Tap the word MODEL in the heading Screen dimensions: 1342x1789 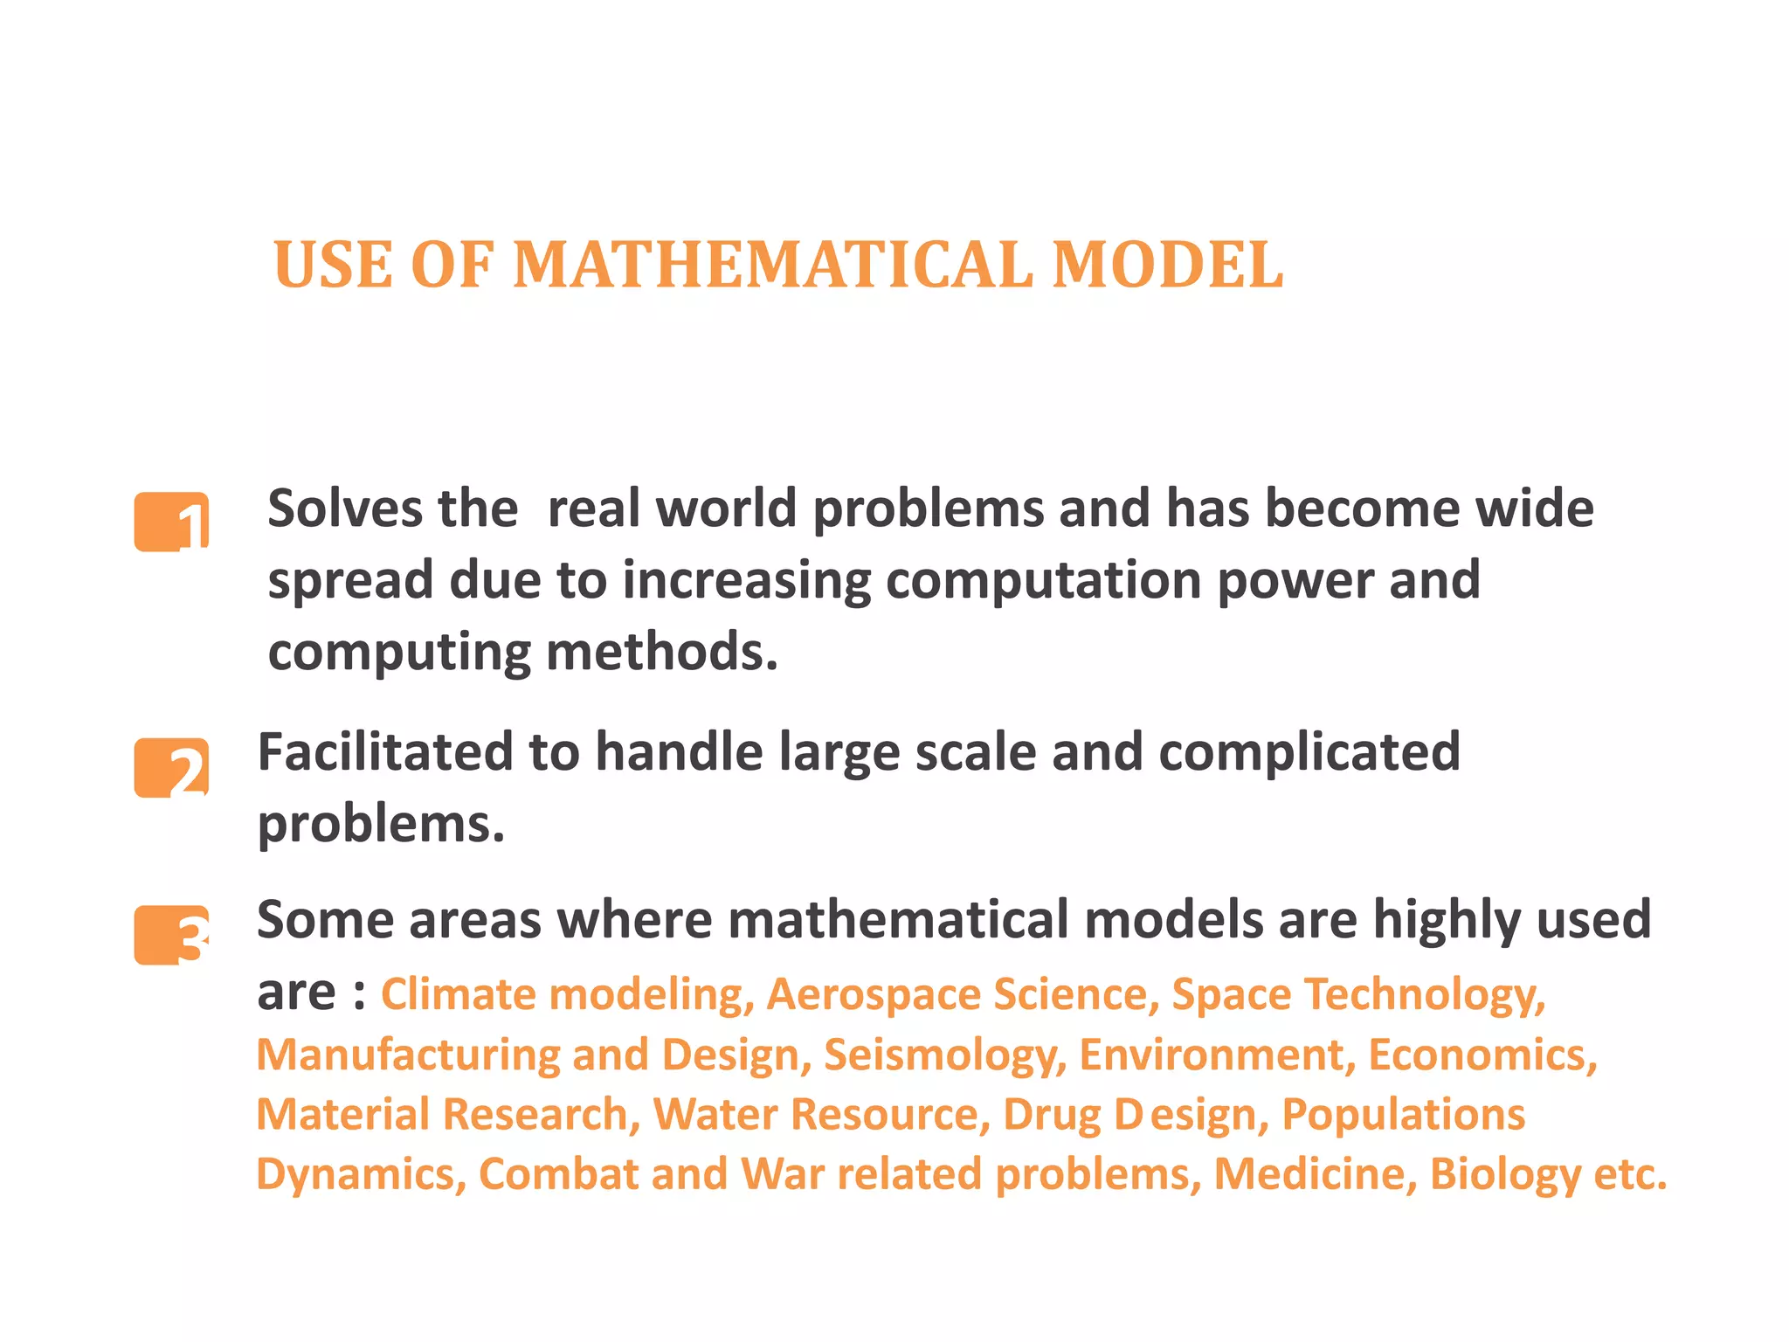(x=1168, y=265)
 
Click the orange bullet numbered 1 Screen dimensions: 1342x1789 (x=172, y=522)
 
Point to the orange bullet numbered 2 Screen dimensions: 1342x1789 (x=172, y=768)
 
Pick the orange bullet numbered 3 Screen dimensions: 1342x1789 (x=172, y=936)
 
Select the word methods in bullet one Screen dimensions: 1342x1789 (x=661, y=652)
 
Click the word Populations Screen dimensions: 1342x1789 (x=1403, y=1115)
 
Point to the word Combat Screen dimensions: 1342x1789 (x=558, y=1174)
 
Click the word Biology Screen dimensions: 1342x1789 (x=1505, y=1174)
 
